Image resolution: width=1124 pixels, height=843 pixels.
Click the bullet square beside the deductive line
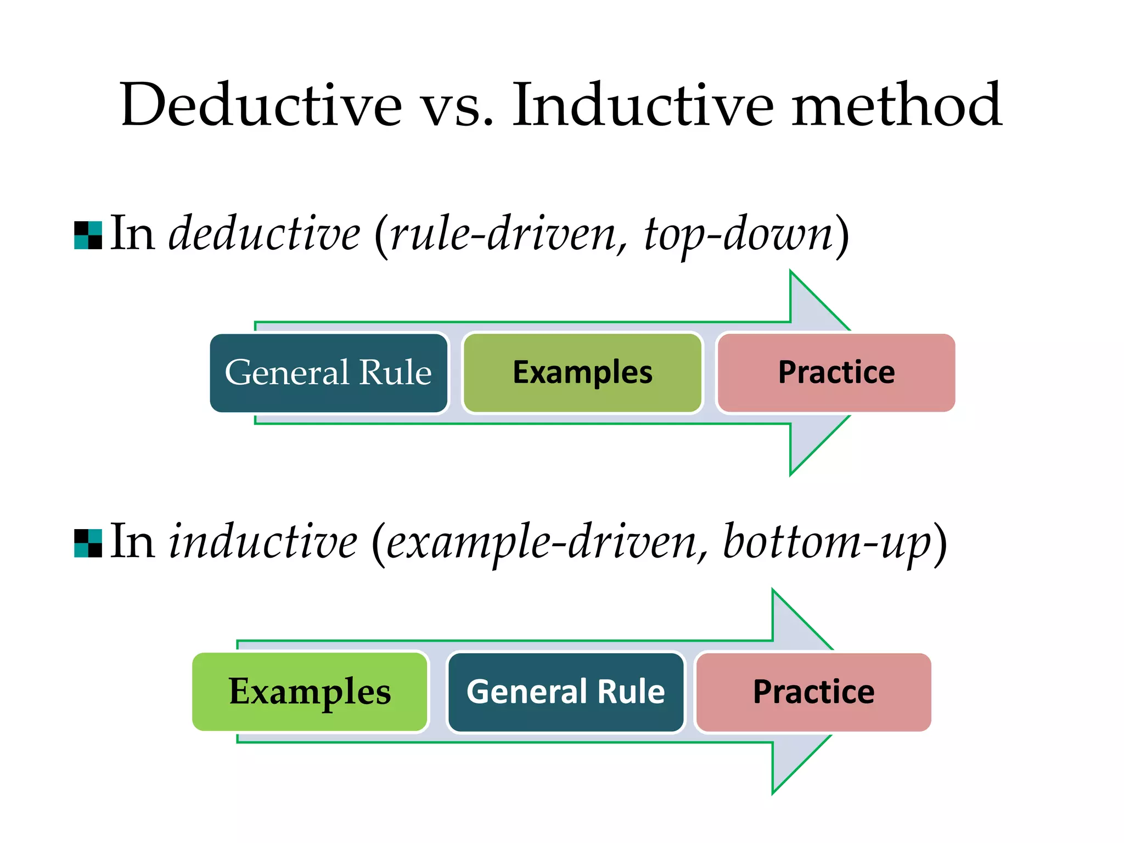88,235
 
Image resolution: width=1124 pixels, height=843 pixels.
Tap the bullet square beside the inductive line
88,543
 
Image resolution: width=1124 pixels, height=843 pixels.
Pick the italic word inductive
263,542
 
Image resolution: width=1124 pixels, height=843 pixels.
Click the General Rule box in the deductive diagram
328,373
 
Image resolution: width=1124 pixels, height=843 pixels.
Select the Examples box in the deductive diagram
582,373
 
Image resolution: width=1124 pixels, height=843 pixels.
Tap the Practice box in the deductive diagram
836,373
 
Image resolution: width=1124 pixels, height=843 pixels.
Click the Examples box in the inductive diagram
310,692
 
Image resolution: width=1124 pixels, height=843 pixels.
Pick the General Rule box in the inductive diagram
565,692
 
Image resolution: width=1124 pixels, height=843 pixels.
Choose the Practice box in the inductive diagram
813,692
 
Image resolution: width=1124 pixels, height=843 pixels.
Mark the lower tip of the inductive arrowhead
773,793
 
